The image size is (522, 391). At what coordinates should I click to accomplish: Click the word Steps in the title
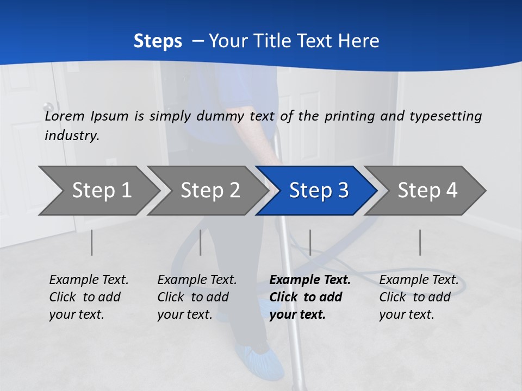coord(158,41)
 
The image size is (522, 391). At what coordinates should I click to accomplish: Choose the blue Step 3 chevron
coord(319,191)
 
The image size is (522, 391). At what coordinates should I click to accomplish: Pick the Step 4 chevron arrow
coord(427,191)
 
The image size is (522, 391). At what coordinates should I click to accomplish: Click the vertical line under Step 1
coord(92,242)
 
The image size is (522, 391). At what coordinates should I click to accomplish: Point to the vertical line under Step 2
coord(201,242)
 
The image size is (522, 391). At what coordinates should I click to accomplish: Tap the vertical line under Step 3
coord(310,242)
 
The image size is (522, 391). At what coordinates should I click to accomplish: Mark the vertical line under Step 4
coord(420,242)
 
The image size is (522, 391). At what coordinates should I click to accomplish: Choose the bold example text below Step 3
coord(309,297)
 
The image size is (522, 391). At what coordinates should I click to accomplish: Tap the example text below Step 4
coord(419,297)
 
